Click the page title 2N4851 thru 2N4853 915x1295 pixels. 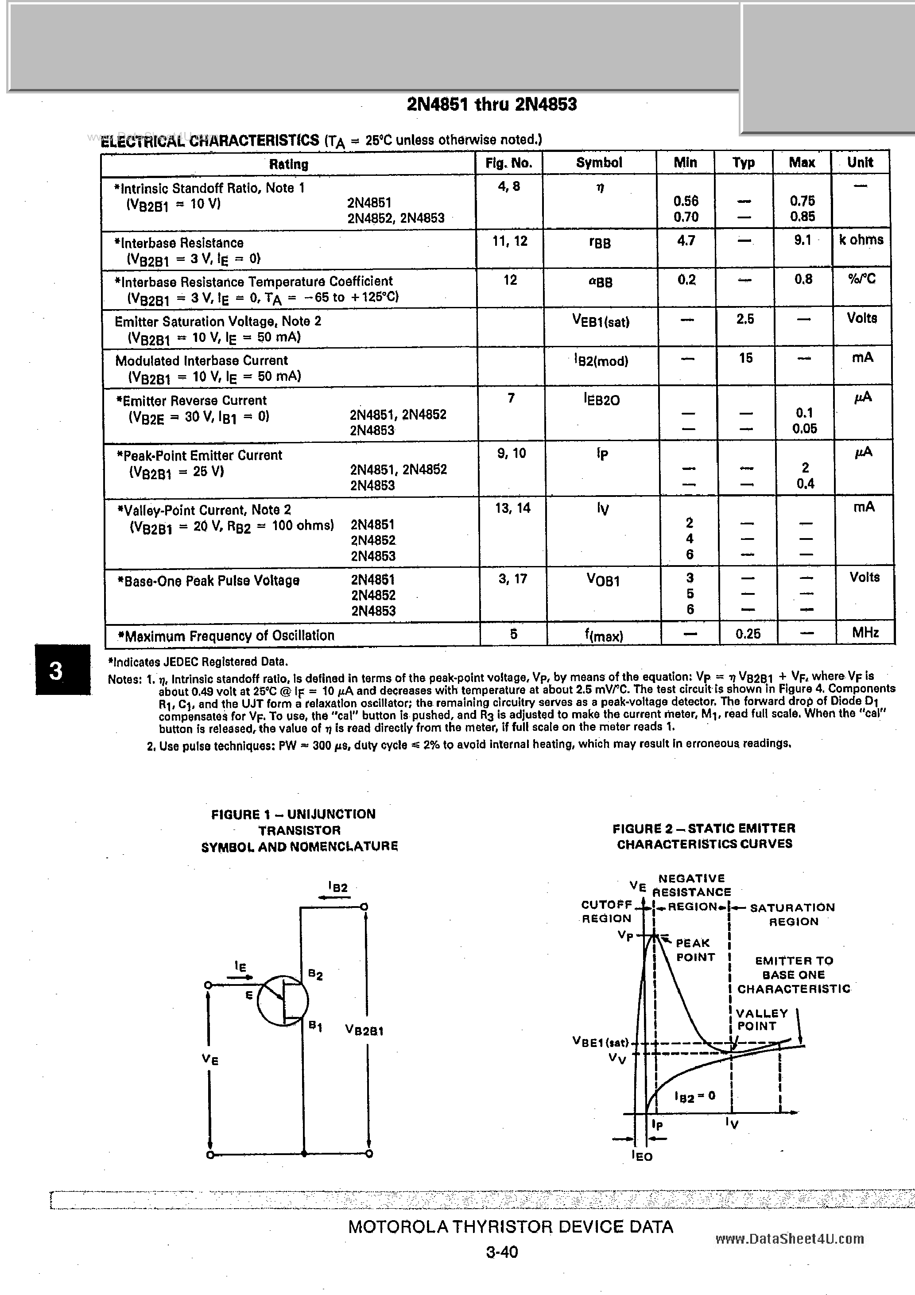(x=491, y=105)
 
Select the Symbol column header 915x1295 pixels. (x=598, y=163)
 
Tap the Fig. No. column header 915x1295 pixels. (x=508, y=163)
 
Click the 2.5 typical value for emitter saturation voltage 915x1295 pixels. (x=744, y=319)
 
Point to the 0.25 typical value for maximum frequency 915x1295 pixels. (x=748, y=634)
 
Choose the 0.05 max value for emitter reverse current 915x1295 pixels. (x=804, y=429)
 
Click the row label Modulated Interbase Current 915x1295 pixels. (x=202, y=361)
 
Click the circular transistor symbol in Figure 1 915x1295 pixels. (x=282, y=1001)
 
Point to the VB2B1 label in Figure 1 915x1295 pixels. (x=364, y=1031)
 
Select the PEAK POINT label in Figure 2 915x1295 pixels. (x=694, y=950)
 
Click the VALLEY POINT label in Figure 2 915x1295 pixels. (x=761, y=1020)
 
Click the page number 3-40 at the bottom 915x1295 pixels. (x=501, y=1252)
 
